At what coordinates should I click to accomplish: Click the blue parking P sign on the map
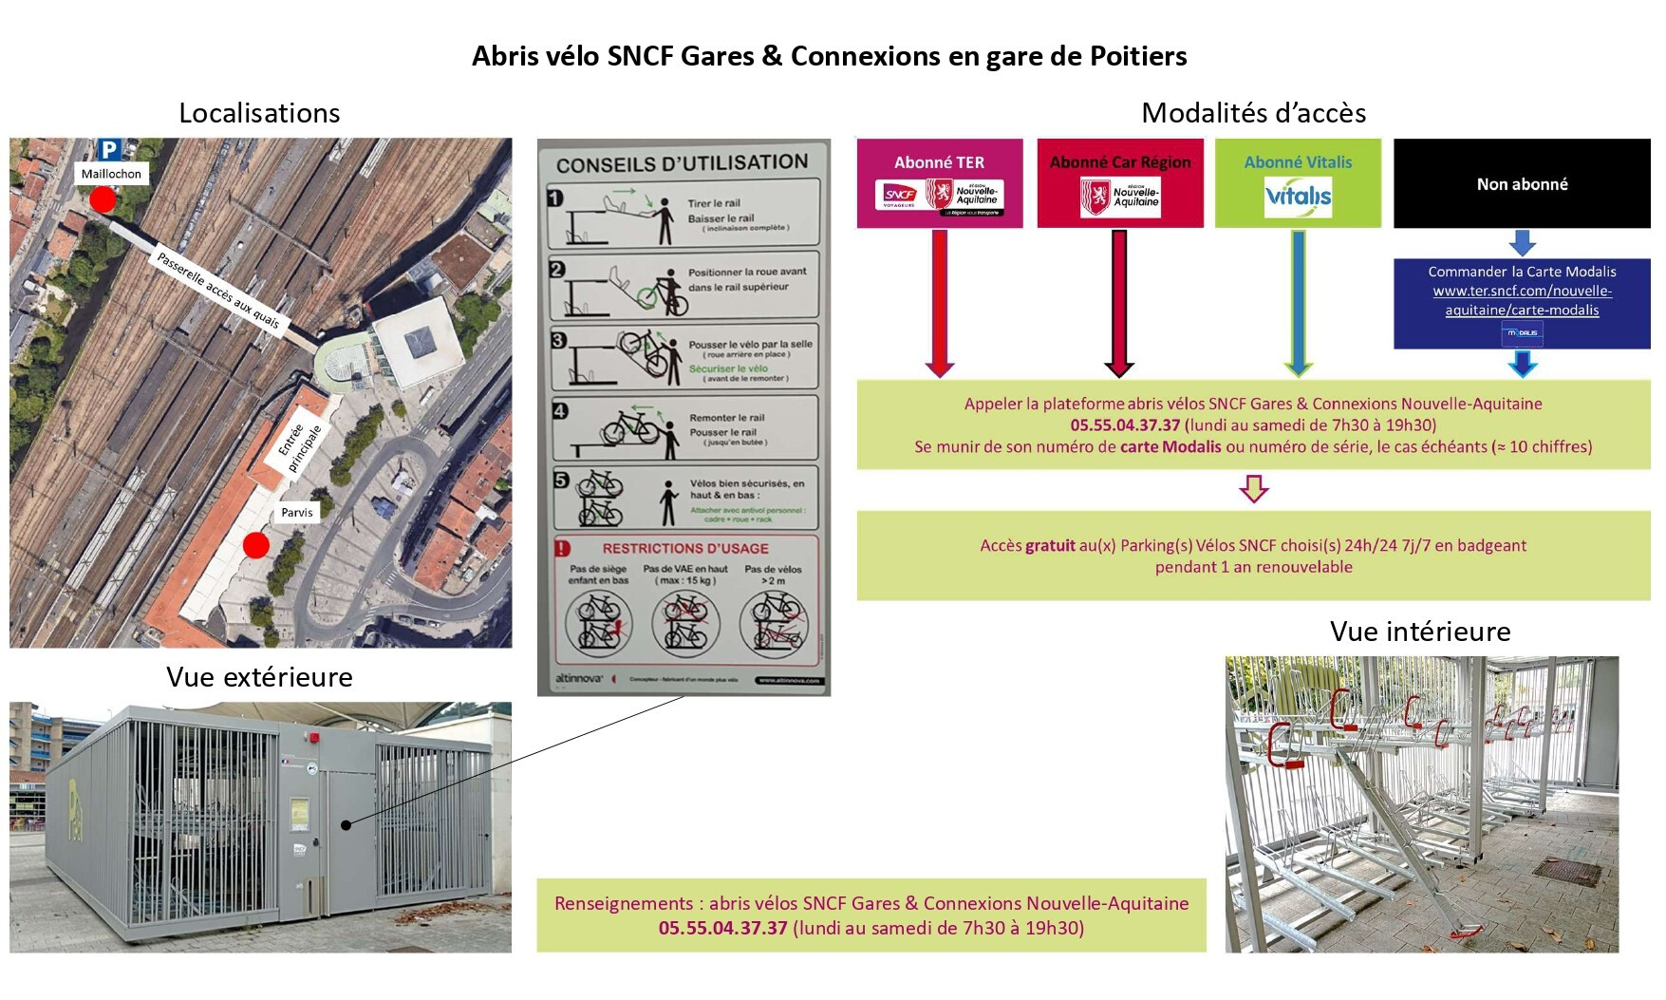tap(109, 149)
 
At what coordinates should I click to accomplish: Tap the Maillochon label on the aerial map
tap(111, 174)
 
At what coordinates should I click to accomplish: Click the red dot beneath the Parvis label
tap(255, 545)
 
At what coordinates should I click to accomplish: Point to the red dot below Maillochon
tap(103, 199)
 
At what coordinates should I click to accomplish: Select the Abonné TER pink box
tap(939, 183)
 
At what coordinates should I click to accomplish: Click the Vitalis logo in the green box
tap(1298, 197)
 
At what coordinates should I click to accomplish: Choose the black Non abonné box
tap(1521, 184)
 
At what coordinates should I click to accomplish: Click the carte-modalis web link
tap(1522, 300)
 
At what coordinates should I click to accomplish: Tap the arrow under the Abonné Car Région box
tap(1119, 304)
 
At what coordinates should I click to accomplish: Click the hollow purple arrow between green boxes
tap(1253, 488)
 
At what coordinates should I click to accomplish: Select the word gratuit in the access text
tap(1050, 545)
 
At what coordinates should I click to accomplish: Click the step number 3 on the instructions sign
tap(559, 340)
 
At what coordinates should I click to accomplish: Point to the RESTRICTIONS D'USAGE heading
tap(684, 548)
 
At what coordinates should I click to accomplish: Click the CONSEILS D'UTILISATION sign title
tap(682, 163)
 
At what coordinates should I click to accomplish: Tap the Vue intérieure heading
tap(1419, 632)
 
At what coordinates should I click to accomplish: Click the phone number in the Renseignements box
tap(722, 928)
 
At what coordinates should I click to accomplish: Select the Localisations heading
tap(259, 113)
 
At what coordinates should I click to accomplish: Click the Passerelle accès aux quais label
tap(218, 291)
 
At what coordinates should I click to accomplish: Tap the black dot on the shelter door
tap(346, 825)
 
